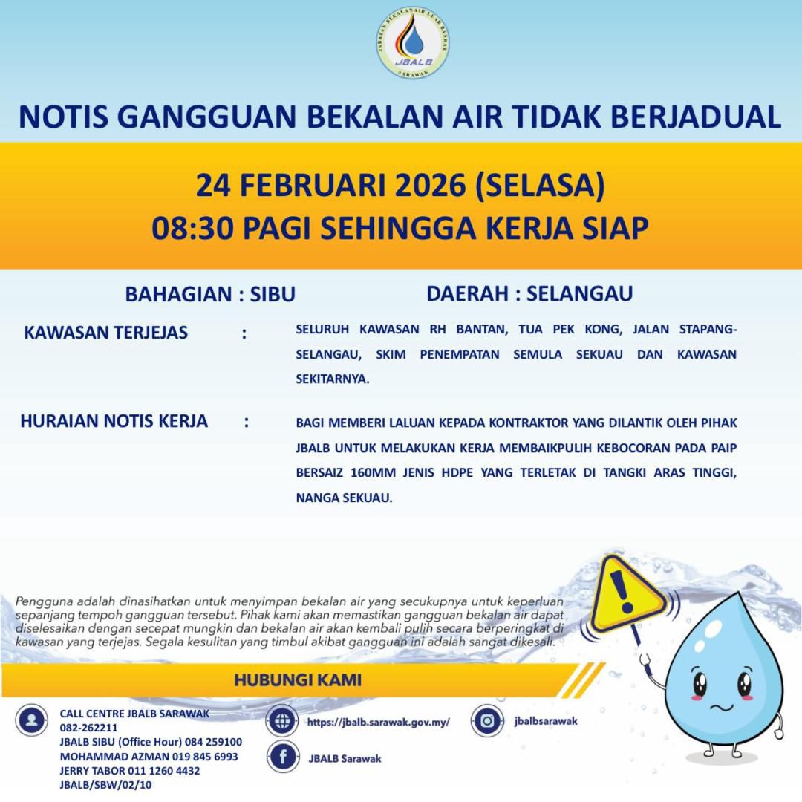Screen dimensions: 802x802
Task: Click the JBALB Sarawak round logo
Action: [x=412, y=43]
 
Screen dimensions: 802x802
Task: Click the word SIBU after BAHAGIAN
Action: [x=273, y=294]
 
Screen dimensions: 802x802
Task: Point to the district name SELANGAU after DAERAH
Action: [x=579, y=293]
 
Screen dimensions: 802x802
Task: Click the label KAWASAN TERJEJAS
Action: [x=106, y=332]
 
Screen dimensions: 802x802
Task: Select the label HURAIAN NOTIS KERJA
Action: [x=114, y=422]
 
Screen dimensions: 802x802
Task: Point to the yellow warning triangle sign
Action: [x=625, y=593]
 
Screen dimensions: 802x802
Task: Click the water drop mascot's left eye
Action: [x=699, y=682]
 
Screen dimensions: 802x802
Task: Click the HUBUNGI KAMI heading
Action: [x=298, y=679]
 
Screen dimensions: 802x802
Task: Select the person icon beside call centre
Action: [x=32, y=720]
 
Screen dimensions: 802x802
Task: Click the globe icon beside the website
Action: [x=282, y=721]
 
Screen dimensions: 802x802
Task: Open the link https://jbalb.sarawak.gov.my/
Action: [x=378, y=722]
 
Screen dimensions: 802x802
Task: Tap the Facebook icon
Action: [x=282, y=758]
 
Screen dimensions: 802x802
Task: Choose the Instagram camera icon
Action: [x=487, y=720]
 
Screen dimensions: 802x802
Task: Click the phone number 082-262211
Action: [x=88, y=728]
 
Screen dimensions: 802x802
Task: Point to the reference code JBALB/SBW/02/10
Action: [x=105, y=785]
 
